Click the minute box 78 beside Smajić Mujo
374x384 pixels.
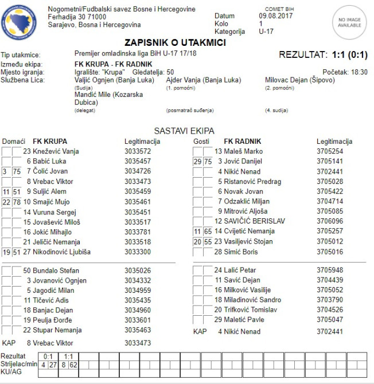pyautogui.click(x=17, y=202)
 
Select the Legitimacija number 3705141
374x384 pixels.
pyautogui.click(x=330, y=162)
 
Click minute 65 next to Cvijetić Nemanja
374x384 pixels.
pyautogui.click(x=208, y=232)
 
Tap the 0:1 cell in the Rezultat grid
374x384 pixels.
pyautogui.click(x=48, y=356)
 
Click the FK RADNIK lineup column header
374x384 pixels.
pyautogui.click(x=243, y=141)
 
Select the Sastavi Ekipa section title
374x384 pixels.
pyautogui.click(x=184, y=131)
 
